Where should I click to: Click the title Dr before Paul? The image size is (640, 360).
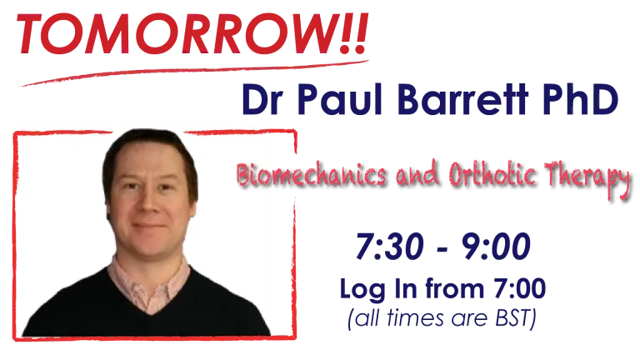262,100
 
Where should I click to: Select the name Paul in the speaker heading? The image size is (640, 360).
340,99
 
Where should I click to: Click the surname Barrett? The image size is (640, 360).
462,99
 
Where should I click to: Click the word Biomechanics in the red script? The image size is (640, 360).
311,176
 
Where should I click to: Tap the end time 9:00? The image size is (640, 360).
496,247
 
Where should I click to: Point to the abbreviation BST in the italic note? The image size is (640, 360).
512,318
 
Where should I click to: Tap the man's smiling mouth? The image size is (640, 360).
149,226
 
